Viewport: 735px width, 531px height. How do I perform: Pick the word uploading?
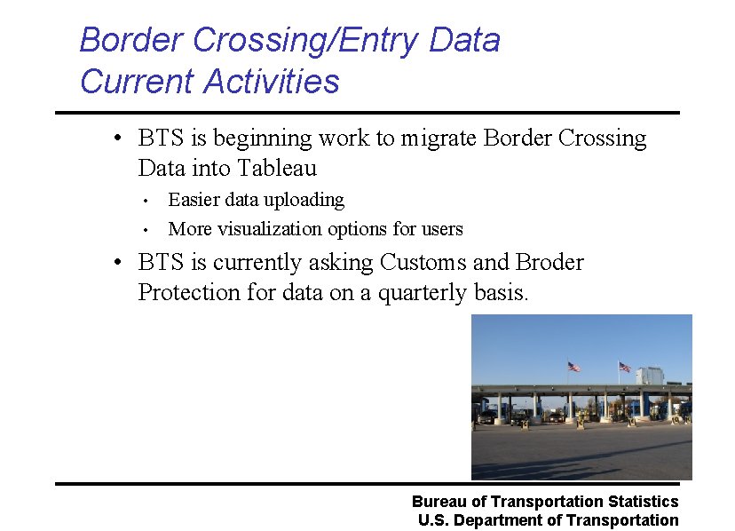point(304,200)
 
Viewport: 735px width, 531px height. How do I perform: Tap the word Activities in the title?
point(271,82)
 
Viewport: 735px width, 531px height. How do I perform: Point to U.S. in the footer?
point(434,520)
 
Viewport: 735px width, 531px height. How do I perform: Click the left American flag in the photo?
point(573,366)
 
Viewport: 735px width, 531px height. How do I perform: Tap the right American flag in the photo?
point(624,366)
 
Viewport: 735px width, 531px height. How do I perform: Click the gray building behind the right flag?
point(652,375)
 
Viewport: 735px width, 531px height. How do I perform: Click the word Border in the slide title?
point(131,40)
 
